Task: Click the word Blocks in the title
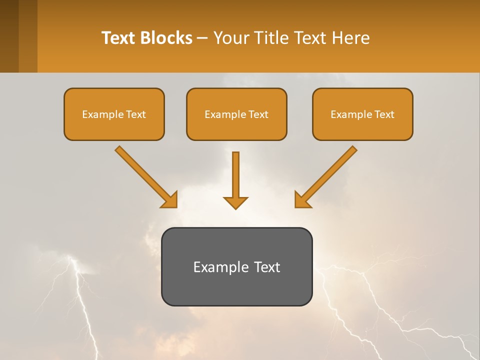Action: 165,38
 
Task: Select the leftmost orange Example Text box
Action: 114,114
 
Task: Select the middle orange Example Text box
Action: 236,114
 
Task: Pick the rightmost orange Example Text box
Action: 362,114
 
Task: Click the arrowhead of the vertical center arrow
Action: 235,202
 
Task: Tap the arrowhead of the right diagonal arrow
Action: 302,200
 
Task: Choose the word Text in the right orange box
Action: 384,114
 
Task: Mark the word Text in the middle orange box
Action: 258,114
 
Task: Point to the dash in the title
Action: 202,38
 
